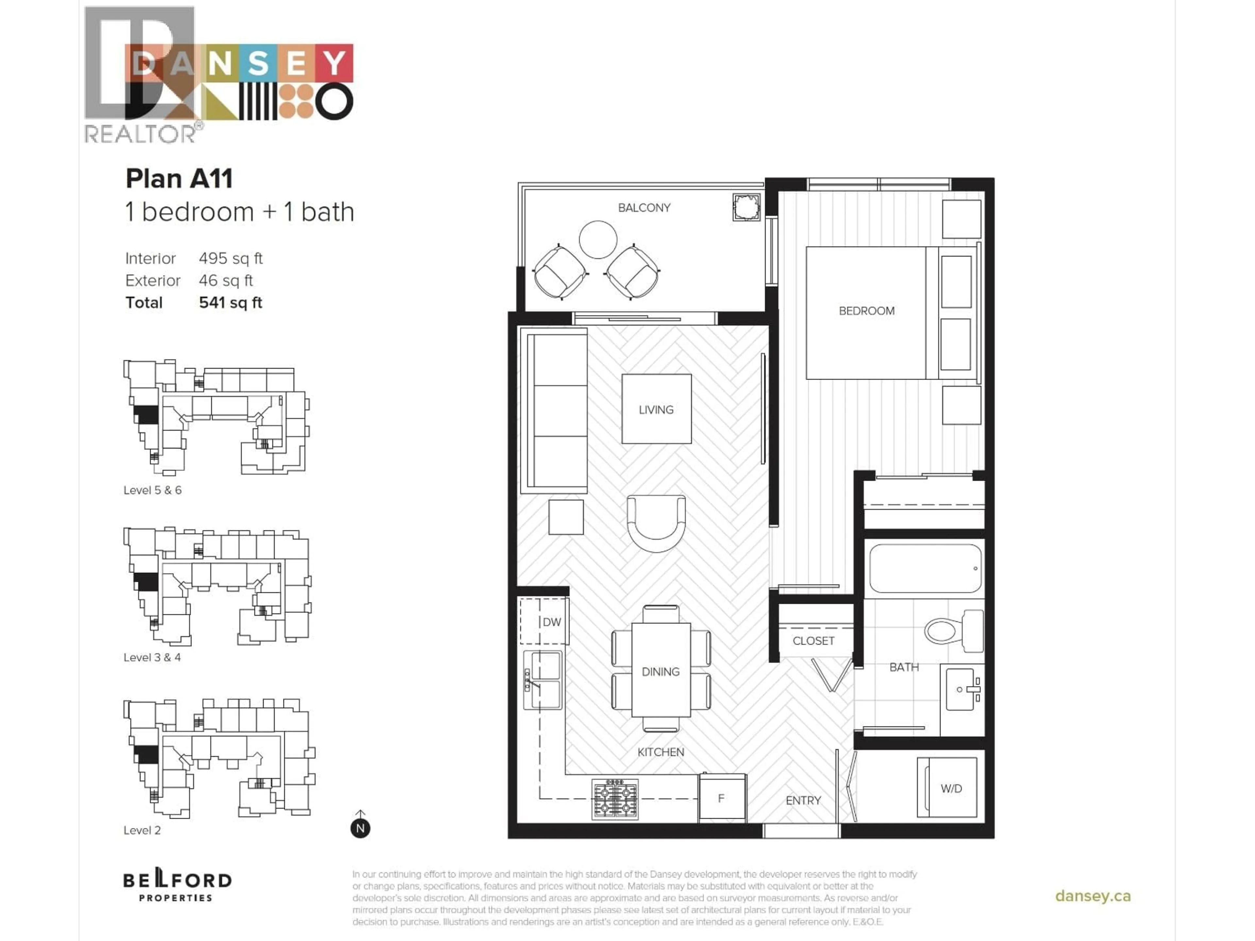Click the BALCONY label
tap(644, 207)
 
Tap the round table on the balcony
tap(597, 239)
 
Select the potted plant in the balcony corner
tap(746, 207)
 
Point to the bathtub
tap(925, 568)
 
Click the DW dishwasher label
tap(551, 622)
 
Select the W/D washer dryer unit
tap(947, 788)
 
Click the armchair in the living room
tap(656, 522)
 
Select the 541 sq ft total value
tap(230, 302)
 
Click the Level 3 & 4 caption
tap(152, 657)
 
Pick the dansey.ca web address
tap(1092, 896)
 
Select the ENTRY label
tap(803, 800)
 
